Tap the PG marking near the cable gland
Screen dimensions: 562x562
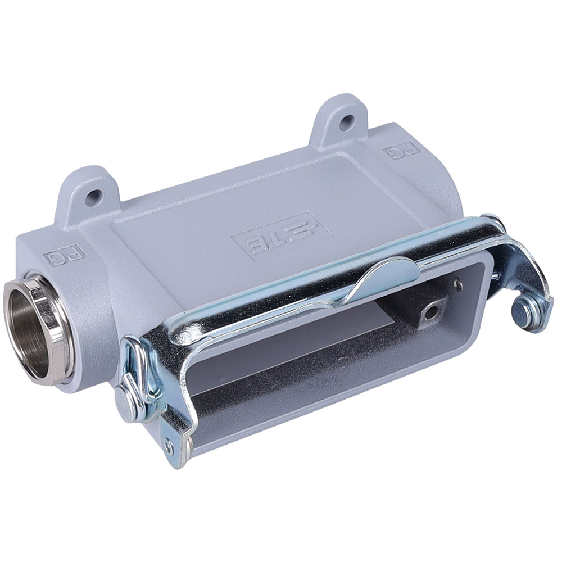64,256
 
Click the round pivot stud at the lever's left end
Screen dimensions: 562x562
125,405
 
